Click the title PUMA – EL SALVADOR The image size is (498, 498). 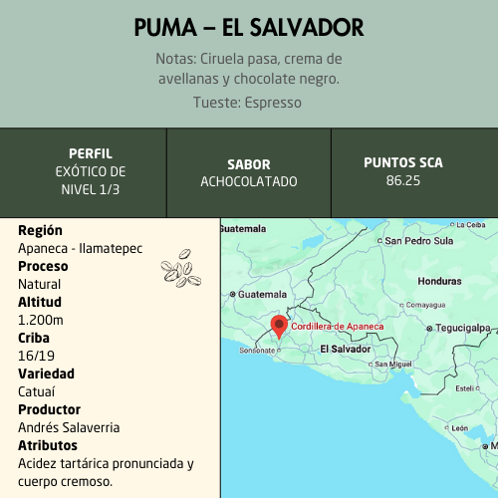coord(249,28)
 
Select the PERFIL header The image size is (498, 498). coord(90,154)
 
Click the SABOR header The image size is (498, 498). coord(249,164)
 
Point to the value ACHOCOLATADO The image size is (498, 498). coord(249,181)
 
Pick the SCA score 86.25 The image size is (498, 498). coord(403,180)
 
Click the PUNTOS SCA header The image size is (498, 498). coord(403,162)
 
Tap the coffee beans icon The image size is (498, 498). coord(180,267)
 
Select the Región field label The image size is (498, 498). coord(41,230)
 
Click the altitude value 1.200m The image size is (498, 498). coord(41,320)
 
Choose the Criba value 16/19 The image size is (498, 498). coord(37,356)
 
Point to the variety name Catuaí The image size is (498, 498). coord(37,391)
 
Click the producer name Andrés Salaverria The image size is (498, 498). coord(69,427)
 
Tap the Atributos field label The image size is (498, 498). coord(48,445)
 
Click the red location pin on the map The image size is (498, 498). coord(279,325)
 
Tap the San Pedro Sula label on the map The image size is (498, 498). coord(419,240)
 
